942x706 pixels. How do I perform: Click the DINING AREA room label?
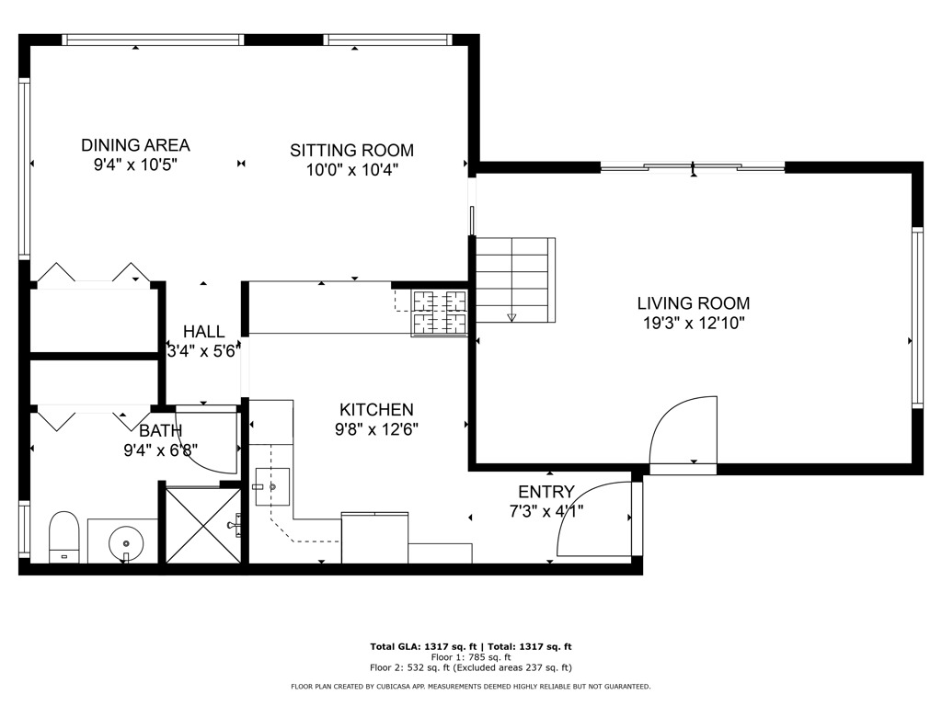[x=135, y=145]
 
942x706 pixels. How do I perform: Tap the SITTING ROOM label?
[x=351, y=150]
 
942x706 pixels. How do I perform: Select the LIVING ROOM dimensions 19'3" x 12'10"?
[x=693, y=323]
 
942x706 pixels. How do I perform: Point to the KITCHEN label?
[x=376, y=410]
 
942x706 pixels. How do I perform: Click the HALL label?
[x=202, y=332]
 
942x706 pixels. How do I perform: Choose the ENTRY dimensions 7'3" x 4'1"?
[x=546, y=510]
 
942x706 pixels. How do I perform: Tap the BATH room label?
[x=161, y=430]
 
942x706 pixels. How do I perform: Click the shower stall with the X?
[x=202, y=524]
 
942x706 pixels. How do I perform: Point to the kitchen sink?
[x=272, y=484]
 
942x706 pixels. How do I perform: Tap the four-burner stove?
[x=439, y=312]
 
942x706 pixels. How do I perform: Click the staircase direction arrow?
[x=512, y=317]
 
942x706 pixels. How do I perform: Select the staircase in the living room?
[x=515, y=278]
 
